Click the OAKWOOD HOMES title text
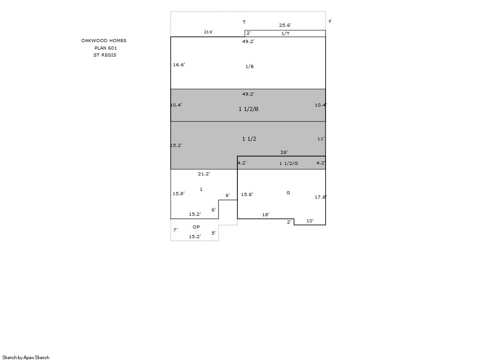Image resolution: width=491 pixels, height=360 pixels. coord(104,40)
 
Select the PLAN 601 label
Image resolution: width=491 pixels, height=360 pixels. coord(105,48)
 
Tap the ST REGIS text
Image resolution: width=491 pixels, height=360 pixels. coord(104,55)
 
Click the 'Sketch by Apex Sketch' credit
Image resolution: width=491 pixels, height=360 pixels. coord(26,357)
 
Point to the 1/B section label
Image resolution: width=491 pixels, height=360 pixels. coord(250,66)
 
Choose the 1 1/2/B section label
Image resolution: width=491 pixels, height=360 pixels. coord(248,109)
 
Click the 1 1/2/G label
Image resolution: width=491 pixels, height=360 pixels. coord(288,163)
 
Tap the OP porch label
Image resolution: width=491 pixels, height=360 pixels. coord(196,227)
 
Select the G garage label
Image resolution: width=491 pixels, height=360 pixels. coord(288,192)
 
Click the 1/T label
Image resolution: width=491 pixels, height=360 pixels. coord(285,33)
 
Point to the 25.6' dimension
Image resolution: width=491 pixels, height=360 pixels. coord(285,25)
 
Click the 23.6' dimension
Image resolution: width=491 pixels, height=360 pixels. coord(208,32)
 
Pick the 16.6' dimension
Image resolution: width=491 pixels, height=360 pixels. coord(179,64)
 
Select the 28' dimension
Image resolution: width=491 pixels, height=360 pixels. coord(284,152)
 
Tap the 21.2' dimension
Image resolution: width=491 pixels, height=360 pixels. coord(204,174)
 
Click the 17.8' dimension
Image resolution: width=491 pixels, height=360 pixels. coord(320,197)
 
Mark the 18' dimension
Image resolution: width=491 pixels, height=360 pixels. coord(265,214)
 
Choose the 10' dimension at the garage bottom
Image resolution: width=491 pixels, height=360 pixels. coord(310,221)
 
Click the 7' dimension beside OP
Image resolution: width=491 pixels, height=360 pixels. coord(176,230)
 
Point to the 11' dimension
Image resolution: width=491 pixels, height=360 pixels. coord(321,139)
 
